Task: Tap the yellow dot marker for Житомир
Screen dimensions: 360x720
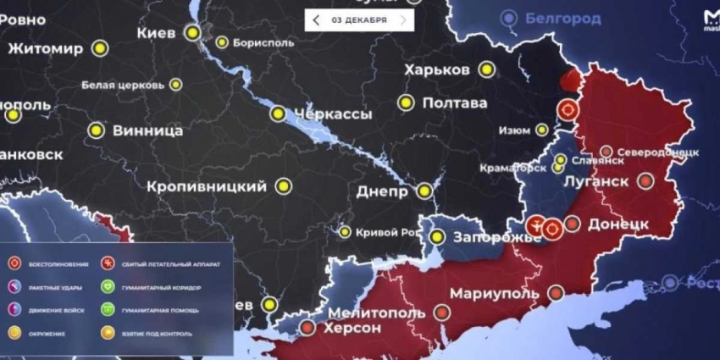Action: click(x=101, y=48)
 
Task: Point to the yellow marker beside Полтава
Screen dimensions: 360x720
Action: click(x=407, y=103)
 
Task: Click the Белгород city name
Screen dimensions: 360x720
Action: click(x=562, y=18)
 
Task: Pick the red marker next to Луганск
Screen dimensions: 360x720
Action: click(x=645, y=180)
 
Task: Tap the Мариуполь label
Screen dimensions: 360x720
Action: click(x=494, y=293)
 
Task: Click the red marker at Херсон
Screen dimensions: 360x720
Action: click(x=307, y=327)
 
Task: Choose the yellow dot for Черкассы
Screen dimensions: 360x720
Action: click(x=277, y=114)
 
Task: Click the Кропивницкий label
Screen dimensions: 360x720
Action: click(x=207, y=186)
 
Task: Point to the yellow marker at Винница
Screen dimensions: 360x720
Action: click(x=97, y=131)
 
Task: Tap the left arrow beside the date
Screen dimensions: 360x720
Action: click(x=316, y=19)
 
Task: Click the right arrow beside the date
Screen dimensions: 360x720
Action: click(x=403, y=19)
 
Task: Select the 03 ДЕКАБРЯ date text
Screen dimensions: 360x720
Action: click(x=359, y=19)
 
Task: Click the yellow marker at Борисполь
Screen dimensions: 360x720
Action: click(x=222, y=42)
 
